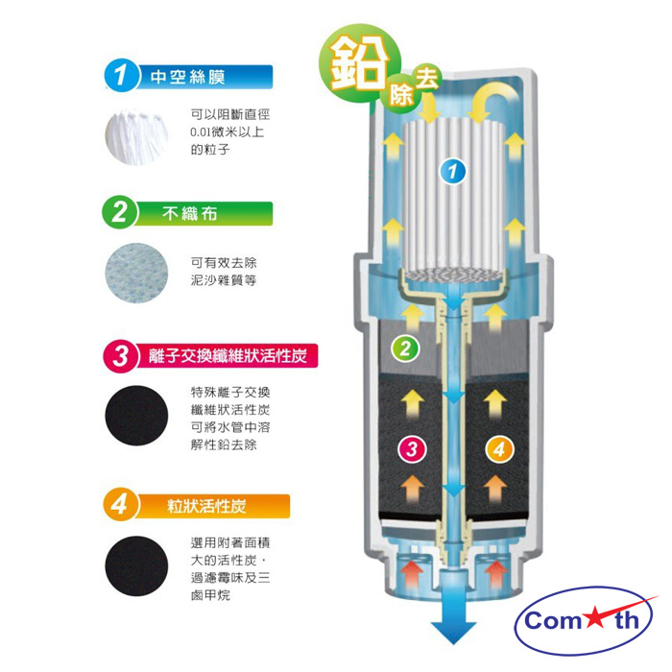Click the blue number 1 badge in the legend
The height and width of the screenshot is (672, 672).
pos(121,76)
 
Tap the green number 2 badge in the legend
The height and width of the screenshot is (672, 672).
pos(120,213)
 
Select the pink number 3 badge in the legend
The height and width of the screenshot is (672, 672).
pos(120,355)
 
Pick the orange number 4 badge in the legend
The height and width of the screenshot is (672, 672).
pos(120,505)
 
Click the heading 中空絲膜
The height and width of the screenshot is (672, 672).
pos(187,77)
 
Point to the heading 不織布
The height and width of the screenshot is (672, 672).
pos(190,213)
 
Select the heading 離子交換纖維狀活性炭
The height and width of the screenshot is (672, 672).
pos(228,356)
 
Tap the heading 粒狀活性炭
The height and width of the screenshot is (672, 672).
pos(206,506)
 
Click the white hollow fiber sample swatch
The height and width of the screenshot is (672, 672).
pos(136,136)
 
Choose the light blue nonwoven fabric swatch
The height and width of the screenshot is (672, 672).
pos(136,273)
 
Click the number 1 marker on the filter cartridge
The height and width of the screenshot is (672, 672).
pos(453,172)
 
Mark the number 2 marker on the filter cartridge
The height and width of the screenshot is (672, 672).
pos(405,348)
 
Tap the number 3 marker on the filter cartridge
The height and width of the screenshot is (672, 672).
pos(412,449)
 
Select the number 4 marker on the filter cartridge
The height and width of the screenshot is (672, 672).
pos(499,449)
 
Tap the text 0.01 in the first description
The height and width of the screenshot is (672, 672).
pos(201,132)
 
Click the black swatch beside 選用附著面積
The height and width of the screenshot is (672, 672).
pos(136,566)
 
